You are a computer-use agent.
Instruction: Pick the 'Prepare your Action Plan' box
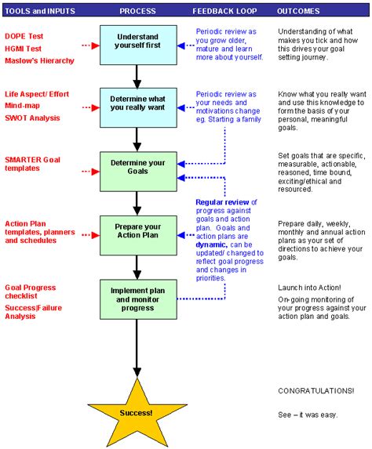137,233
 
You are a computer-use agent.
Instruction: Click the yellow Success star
138,411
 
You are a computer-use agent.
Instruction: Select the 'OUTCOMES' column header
299,11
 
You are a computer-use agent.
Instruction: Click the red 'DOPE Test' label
23,37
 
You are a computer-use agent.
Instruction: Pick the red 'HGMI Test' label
23,49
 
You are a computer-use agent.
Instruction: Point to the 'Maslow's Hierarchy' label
40,60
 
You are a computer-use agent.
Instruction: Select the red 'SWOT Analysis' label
34,118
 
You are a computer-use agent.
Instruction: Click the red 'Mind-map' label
23,106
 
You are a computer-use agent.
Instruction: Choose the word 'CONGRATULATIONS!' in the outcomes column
315,390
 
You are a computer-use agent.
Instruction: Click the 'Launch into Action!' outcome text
309,288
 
